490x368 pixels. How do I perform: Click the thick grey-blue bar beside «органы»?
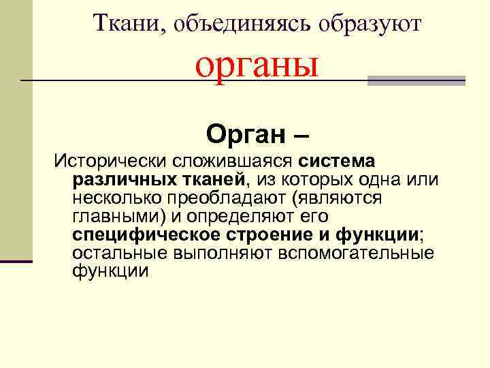click(x=416, y=80)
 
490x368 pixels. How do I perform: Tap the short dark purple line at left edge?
click(x=16, y=261)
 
